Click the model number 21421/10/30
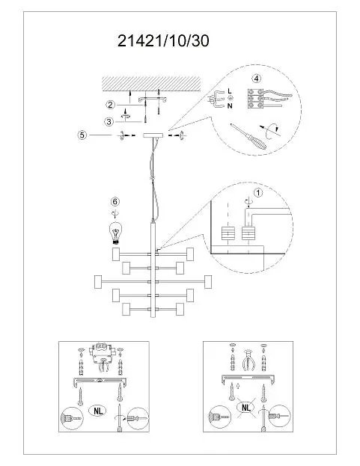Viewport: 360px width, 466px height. point(163,40)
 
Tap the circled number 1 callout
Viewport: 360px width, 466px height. point(258,192)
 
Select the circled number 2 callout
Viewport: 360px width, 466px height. point(110,105)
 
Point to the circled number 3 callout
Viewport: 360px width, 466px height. point(109,121)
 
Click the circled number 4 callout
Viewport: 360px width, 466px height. point(256,79)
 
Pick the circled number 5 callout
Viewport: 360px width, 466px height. point(82,135)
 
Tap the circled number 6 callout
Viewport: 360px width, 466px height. point(115,201)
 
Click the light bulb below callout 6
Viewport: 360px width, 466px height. point(115,233)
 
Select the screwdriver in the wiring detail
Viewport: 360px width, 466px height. point(248,136)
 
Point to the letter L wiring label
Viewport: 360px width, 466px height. point(230,91)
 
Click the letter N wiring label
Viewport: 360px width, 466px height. point(230,105)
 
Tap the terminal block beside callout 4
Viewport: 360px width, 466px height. point(255,99)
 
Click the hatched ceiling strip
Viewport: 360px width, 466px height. point(150,84)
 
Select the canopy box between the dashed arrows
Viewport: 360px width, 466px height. point(153,135)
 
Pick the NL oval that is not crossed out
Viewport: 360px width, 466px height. point(98,411)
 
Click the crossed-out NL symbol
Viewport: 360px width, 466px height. point(246,408)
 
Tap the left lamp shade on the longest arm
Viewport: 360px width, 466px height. point(98,282)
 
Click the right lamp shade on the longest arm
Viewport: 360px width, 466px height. point(208,282)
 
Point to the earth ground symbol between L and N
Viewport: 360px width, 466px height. point(230,98)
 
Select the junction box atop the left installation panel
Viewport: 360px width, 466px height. point(101,352)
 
